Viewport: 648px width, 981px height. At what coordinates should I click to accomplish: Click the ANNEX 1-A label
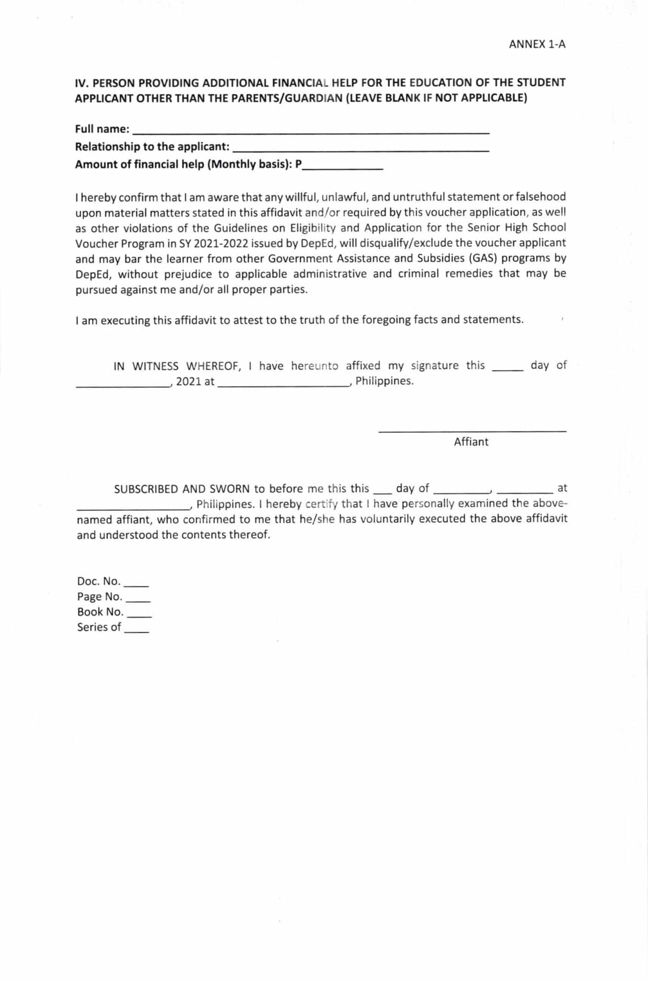[x=537, y=45]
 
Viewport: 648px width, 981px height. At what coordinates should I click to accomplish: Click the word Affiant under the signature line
[x=471, y=442]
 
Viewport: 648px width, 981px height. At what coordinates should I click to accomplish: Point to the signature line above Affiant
[x=472, y=431]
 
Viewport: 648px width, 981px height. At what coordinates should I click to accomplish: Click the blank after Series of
[x=137, y=629]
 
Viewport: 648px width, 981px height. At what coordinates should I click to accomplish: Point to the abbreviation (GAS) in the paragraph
[x=483, y=259]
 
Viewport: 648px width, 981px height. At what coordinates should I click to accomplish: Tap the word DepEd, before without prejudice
[x=93, y=274]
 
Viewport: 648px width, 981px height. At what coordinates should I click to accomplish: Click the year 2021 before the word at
[x=188, y=382]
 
